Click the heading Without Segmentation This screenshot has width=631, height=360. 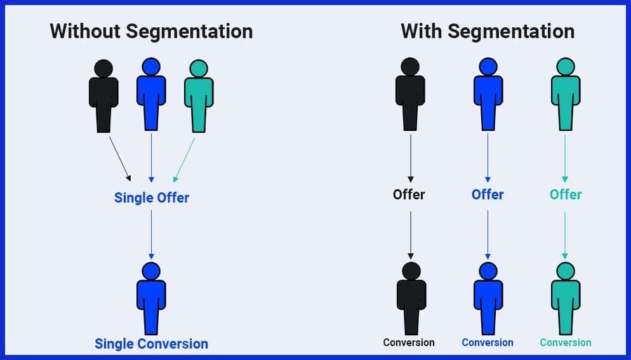click(x=151, y=31)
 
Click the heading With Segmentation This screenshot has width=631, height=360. click(x=488, y=31)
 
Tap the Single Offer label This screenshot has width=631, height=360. click(x=152, y=197)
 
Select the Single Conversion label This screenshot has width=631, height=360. click(x=151, y=343)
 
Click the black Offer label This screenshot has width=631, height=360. click(x=409, y=194)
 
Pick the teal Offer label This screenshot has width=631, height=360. click(x=565, y=194)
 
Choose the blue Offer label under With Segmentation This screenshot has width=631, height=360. click(x=488, y=194)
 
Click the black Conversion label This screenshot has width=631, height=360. click(x=409, y=342)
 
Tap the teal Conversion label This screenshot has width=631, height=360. click(x=565, y=342)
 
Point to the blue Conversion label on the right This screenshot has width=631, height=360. click(x=488, y=342)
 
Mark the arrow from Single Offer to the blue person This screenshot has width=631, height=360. click(x=151, y=233)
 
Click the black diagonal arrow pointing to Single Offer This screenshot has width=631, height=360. click(x=119, y=158)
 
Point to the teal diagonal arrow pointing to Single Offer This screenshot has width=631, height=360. click(x=184, y=160)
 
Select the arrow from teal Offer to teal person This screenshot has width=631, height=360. click(x=565, y=233)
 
